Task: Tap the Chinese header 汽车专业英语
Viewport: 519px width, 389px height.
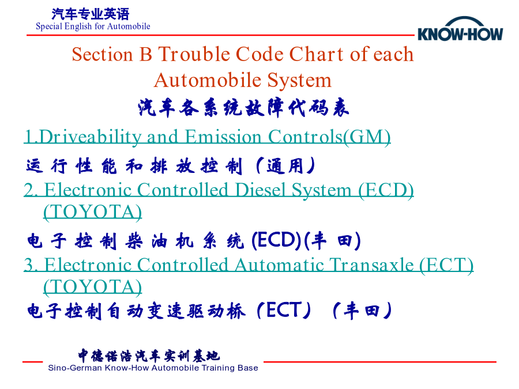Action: coord(91,14)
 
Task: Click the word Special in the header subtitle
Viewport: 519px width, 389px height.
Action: coord(49,27)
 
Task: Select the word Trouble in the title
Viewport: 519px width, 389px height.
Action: coord(194,54)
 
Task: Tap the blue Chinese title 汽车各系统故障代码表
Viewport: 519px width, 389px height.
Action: coord(243,108)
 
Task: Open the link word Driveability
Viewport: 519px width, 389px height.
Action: coord(90,137)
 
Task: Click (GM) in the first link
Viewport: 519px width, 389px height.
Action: coord(367,137)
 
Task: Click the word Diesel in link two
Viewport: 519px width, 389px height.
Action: coord(260,190)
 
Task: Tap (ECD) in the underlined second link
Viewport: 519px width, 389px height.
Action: coord(386,191)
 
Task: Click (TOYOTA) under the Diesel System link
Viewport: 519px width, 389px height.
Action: coord(93,212)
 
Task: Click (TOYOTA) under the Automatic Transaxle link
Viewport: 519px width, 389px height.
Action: coord(93,287)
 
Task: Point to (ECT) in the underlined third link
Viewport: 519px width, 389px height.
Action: coord(446,265)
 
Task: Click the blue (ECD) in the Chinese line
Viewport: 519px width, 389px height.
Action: coord(276,240)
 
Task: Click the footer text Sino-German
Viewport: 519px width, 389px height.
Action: coord(75,368)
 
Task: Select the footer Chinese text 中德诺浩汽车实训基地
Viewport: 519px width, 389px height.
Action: coord(149,356)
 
